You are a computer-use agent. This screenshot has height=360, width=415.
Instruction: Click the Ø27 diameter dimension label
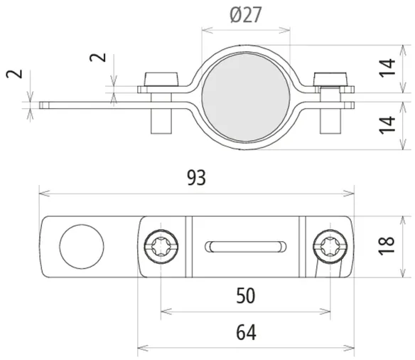click(246, 14)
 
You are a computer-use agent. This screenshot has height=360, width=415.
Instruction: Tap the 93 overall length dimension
click(196, 178)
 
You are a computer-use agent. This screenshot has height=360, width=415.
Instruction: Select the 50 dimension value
click(246, 296)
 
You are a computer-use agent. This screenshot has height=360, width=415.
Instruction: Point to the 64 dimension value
click(246, 332)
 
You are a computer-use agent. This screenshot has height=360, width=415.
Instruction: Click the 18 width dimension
click(386, 246)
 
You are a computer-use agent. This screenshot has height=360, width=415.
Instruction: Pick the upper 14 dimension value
click(387, 68)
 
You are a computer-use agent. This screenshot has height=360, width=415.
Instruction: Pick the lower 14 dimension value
click(387, 125)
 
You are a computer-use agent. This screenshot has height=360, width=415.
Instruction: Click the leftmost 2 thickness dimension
click(14, 74)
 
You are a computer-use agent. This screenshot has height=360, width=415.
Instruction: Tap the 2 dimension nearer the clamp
click(97, 58)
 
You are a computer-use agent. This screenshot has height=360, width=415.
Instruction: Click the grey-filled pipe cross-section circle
click(246, 97)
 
